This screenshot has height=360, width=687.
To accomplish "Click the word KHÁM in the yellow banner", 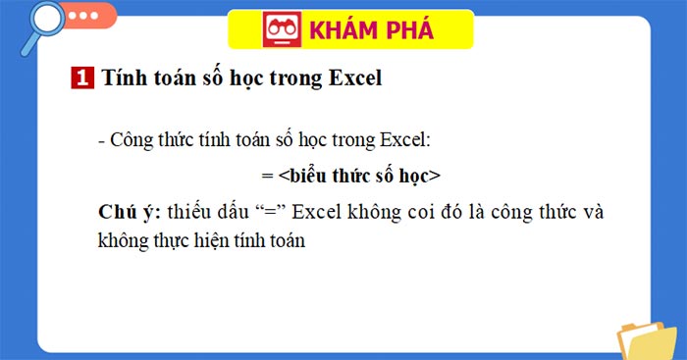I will click(x=343, y=30).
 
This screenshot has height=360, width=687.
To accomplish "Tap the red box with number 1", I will click(x=82, y=79).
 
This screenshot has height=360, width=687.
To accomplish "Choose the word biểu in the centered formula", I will click(x=309, y=176).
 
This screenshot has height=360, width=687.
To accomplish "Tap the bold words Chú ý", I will click(x=129, y=212).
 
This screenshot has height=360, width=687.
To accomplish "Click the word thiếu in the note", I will click(x=191, y=212).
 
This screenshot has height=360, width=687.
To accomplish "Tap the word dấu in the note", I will click(x=238, y=212).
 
